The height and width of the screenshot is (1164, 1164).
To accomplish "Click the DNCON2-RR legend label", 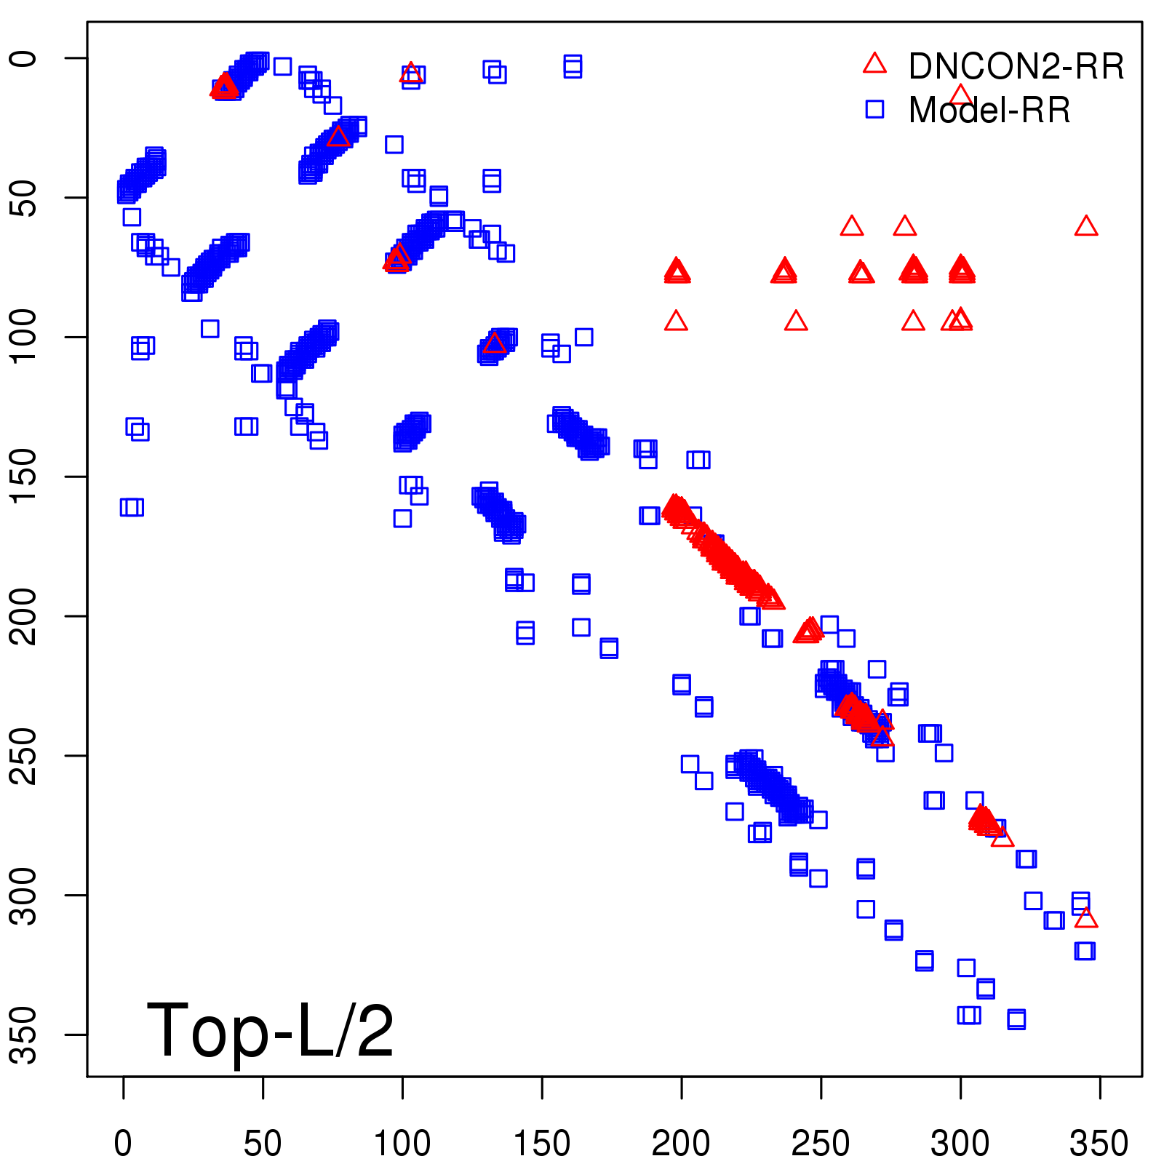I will [x=1016, y=67].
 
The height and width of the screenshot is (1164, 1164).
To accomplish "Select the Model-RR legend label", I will [x=989, y=111].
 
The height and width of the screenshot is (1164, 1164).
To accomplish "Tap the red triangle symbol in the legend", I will [x=874, y=64].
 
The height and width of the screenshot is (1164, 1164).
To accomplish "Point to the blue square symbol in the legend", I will [x=874, y=109].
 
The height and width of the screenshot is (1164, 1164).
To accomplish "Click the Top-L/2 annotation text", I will [x=270, y=1030].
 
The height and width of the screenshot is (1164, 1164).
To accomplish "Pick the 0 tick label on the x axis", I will [x=123, y=1144].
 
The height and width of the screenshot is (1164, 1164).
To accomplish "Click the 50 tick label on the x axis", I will [x=263, y=1144].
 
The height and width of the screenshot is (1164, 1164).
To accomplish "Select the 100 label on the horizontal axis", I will [x=402, y=1144].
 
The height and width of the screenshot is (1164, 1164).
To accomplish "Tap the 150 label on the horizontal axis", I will [x=542, y=1144].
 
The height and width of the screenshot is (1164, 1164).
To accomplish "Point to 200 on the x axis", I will [x=681, y=1144].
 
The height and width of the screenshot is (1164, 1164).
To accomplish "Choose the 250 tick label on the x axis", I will [x=821, y=1144].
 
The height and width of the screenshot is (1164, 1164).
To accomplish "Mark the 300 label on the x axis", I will [x=960, y=1144].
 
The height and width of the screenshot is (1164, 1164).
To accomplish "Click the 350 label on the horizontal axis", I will [x=1099, y=1144].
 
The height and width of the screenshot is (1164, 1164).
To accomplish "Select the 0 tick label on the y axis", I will [x=25, y=58].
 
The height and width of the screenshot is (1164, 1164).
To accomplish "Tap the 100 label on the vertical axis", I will [x=25, y=336].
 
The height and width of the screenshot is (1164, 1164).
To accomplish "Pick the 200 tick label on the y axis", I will [x=25, y=615].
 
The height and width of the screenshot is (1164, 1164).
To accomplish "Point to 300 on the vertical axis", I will [x=25, y=895].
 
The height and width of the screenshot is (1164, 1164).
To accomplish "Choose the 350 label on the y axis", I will [x=25, y=1035].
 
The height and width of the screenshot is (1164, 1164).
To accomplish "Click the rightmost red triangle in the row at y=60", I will [x=1086, y=226].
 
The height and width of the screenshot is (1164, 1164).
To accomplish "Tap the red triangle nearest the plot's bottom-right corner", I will [x=1086, y=918].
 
